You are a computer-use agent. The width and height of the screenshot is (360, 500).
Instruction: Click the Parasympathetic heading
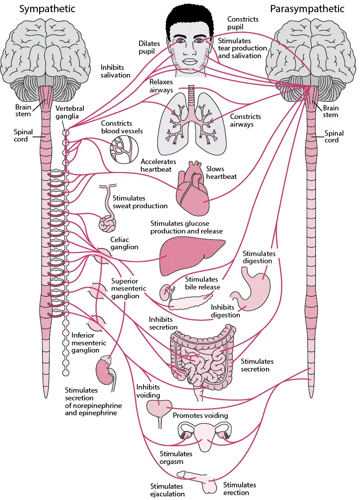pos(307,9)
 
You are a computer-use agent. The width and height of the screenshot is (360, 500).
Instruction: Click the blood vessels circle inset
pos(124,149)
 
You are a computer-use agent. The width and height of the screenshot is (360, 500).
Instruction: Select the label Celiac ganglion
pos(124,243)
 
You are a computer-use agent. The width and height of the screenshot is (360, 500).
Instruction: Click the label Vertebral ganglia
pos(69,112)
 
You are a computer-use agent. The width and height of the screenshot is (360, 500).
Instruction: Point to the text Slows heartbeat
pos(221,173)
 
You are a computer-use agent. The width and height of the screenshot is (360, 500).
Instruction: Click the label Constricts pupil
pos(243,23)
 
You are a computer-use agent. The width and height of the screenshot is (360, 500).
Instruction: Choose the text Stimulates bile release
pos(202,283)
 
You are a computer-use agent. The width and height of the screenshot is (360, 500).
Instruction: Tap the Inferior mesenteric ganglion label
pos(89,343)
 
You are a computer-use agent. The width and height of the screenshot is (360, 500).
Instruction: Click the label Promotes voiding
pos(200,415)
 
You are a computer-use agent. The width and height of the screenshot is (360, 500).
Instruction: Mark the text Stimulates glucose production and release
pos(186,227)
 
